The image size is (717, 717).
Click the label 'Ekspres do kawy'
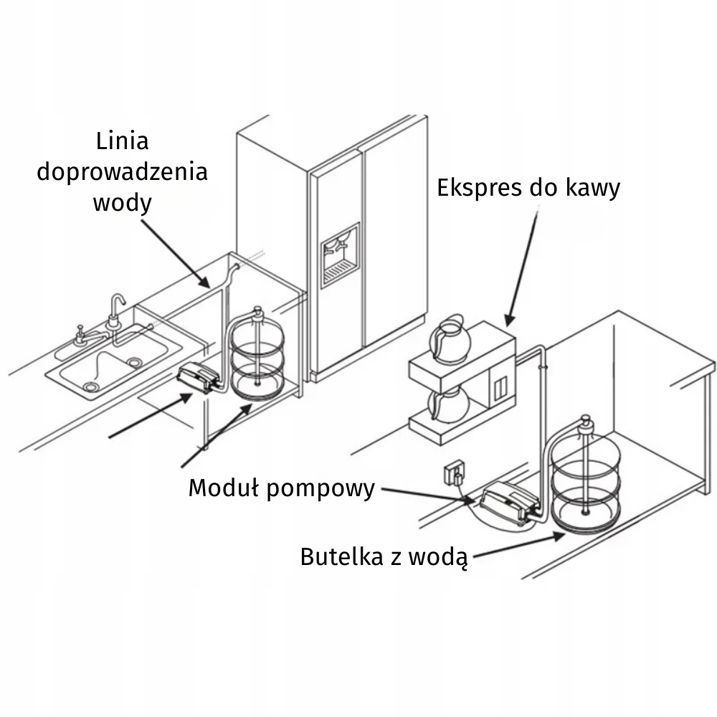528,189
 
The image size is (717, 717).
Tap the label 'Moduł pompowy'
281,489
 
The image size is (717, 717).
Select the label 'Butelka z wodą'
384,557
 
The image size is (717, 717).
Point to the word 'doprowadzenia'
122,172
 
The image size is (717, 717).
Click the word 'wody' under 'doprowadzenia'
122,203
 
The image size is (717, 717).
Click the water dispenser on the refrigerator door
339,255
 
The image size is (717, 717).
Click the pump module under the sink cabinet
199,377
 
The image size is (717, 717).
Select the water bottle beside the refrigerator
257,357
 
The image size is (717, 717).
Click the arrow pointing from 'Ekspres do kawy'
521,265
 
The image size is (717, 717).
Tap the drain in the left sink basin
90,386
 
